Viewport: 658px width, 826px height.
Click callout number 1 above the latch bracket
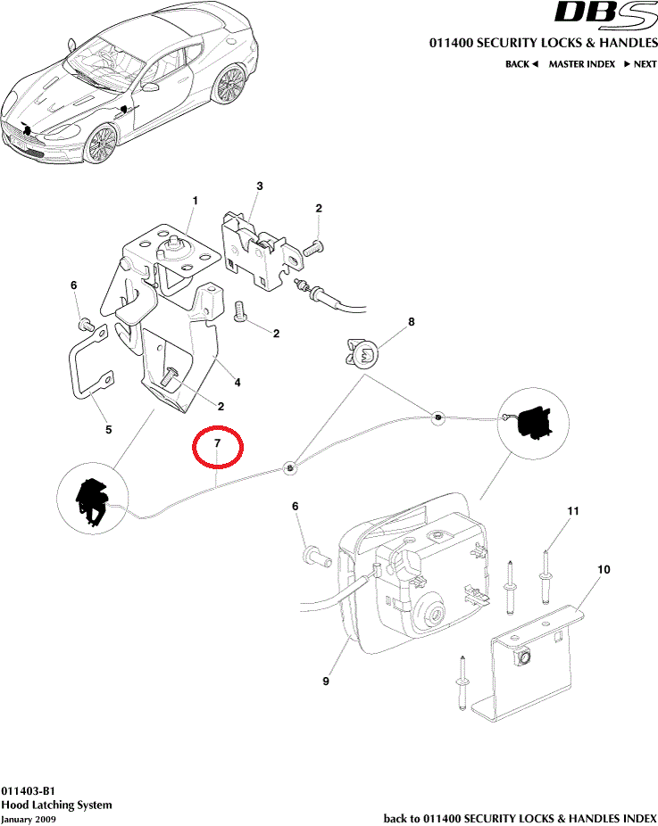(x=195, y=201)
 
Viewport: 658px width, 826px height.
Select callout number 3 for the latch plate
(x=260, y=186)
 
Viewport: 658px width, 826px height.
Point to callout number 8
(x=412, y=322)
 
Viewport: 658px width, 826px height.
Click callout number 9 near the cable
(x=326, y=681)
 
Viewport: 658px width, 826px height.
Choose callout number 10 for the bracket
(x=604, y=569)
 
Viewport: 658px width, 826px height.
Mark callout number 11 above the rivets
(x=573, y=511)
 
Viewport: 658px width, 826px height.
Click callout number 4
(x=237, y=384)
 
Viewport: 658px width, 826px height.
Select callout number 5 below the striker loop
(x=108, y=430)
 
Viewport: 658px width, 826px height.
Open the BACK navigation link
(x=521, y=64)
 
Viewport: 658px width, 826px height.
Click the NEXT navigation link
(x=640, y=64)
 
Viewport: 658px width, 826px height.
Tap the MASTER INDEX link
(x=581, y=64)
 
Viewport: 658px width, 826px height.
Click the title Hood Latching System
(x=56, y=805)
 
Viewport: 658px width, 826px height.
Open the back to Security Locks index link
(x=520, y=818)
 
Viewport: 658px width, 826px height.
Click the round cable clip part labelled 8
(x=362, y=352)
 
